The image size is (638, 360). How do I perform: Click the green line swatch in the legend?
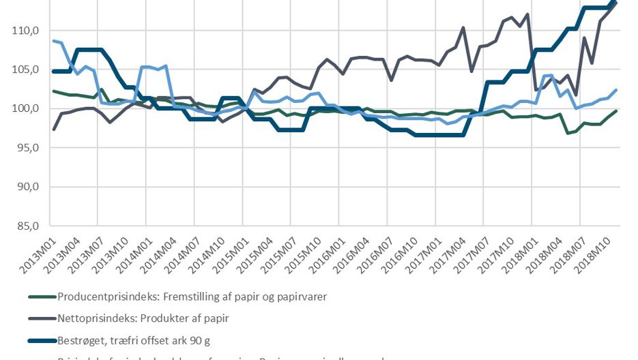point(42,297)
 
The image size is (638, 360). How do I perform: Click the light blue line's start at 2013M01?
point(54,41)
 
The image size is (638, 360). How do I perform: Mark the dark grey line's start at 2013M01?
point(54,129)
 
